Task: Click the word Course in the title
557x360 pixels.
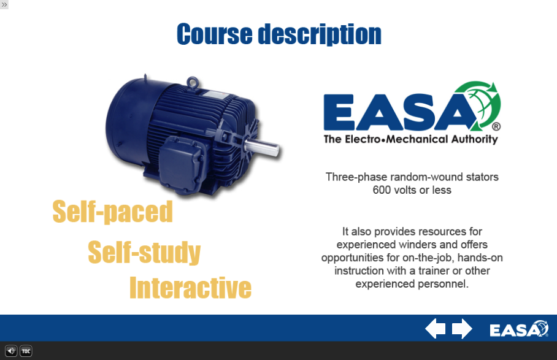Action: pyautogui.click(x=215, y=34)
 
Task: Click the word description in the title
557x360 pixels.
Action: pyautogui.click(x=320, y=34)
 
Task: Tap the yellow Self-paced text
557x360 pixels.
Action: pyautogui.click(x=113, y=212)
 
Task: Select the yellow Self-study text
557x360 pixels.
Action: pyautogui.click(x=144, y=252)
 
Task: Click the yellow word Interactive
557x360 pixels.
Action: pyautogui.click(x=190, y=288)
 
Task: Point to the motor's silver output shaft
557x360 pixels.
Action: pyautogui.click(x=261, y=147)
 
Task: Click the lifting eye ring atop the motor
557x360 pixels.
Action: pyautogui.click(x=193, y=82)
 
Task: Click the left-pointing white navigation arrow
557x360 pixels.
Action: pyautogui.click(x=436, y=328)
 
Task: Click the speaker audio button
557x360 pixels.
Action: pyautogui.click(x=11, y=351)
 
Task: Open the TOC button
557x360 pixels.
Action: pyautogui.click(x=26, y=351)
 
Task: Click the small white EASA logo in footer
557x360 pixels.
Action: pyautogui.click(x=519, y=329)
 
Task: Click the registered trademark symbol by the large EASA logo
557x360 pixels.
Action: pyautogui.click(x=496, y=126)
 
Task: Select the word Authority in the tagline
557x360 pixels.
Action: pyautogui.click(x=475, y=139)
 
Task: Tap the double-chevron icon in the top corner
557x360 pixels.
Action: pyautogui.click(x=4, y=4)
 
